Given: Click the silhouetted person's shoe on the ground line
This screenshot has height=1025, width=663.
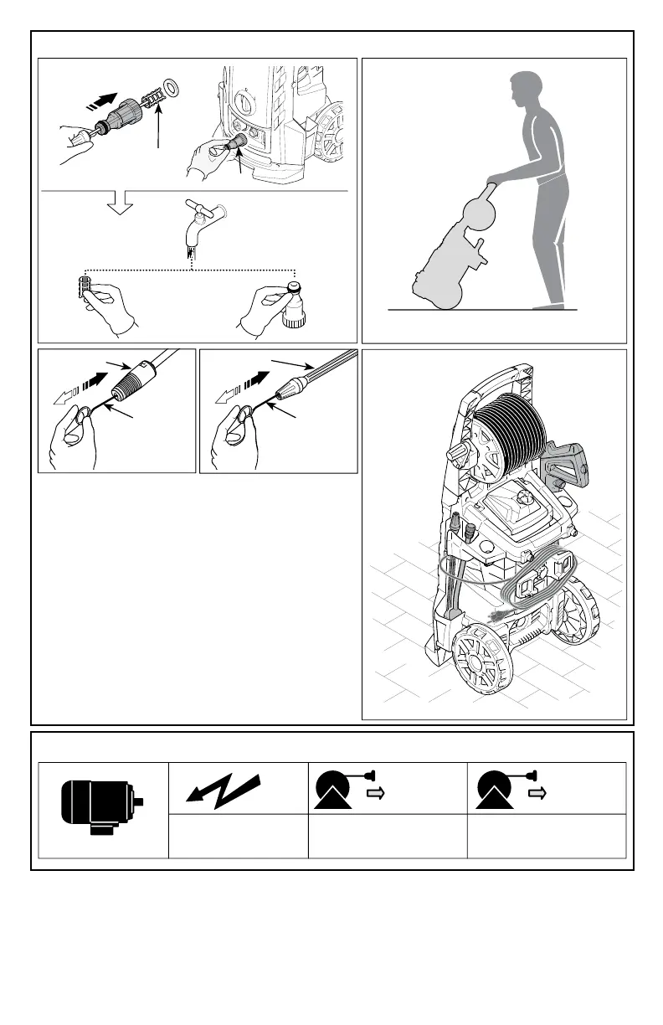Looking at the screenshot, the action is [549, 306].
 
